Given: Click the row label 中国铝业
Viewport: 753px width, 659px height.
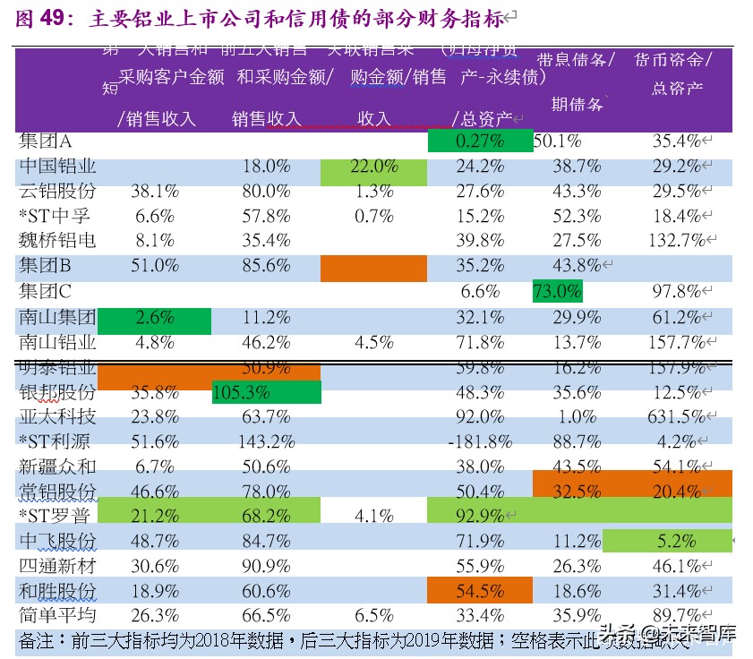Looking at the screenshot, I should (57, 167).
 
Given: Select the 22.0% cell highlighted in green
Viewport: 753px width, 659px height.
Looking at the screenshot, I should (373, 167).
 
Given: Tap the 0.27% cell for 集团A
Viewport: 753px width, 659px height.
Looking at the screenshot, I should (480, 141).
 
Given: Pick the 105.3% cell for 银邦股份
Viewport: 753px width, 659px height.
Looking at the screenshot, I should (266, 392).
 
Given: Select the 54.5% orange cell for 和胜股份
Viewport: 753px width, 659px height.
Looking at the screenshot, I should (480, 591).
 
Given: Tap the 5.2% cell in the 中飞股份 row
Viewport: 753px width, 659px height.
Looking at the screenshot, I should (674, 541).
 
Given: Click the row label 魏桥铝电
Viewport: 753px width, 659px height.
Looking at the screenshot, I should (57, 241).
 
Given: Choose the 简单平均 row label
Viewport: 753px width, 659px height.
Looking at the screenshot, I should (57, 615).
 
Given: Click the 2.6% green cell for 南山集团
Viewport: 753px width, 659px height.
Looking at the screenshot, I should (155, 317).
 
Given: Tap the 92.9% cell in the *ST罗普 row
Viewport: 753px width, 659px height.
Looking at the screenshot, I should (480, 516).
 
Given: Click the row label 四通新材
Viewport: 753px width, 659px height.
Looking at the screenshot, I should (57, 566).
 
